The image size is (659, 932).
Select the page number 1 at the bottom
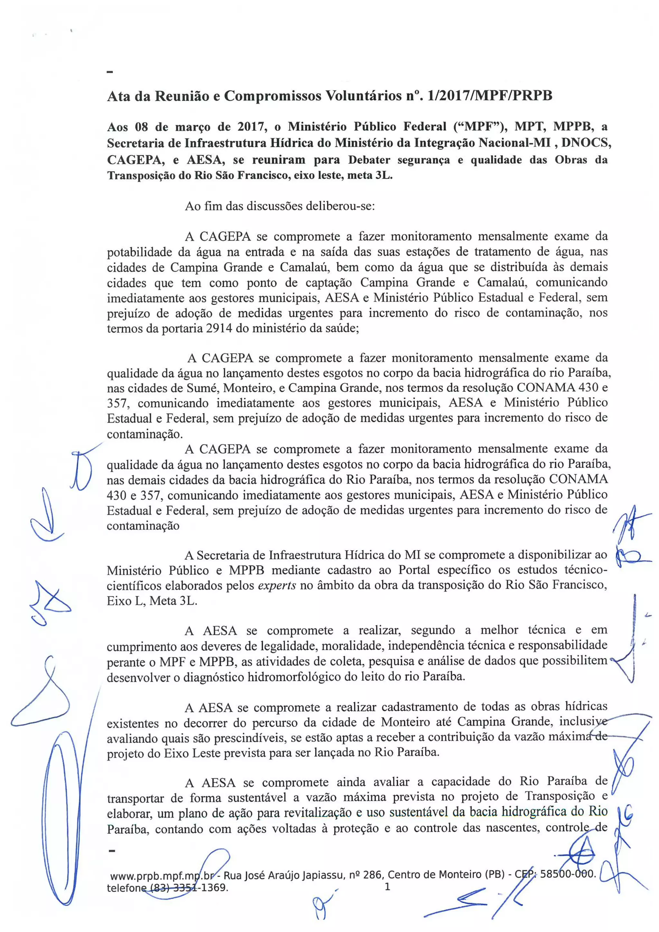coord(387,887)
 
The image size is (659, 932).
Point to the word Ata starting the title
coord(120,96)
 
